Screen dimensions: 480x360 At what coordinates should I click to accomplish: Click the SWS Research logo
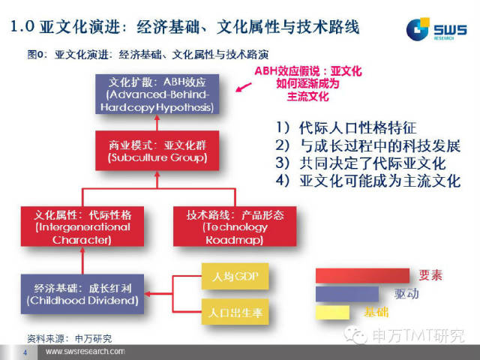click(x=436, y=29)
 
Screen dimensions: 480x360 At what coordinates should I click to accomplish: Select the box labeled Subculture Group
click(x=156, y=151)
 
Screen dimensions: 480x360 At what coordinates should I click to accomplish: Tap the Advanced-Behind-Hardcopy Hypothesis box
click(x=156, y=94)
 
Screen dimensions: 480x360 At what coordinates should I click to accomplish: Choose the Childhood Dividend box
click(x=82, y=294)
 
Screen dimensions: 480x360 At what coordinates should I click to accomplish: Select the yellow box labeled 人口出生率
click(x=235, y=310)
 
